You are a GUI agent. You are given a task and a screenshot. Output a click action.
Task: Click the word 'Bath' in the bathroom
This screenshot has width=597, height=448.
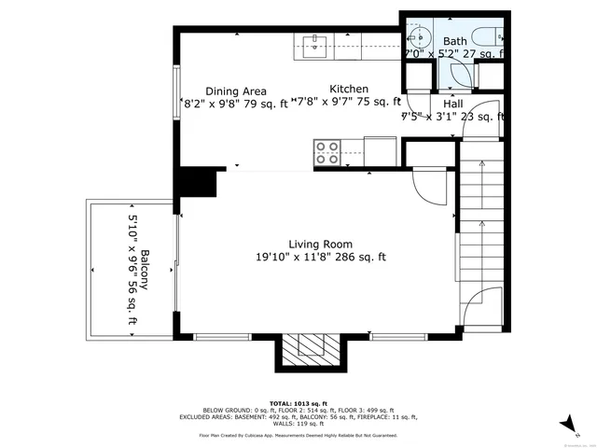(454, 41)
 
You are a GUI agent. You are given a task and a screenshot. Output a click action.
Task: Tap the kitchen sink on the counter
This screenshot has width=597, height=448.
(312, 42)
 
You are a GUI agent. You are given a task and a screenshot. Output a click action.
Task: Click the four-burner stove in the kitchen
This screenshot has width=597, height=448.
(326, 152)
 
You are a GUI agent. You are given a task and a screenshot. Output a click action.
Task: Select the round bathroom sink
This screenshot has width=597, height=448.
(418, 38)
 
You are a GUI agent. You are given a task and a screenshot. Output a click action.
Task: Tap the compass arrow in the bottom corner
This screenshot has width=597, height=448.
(565, 425)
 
